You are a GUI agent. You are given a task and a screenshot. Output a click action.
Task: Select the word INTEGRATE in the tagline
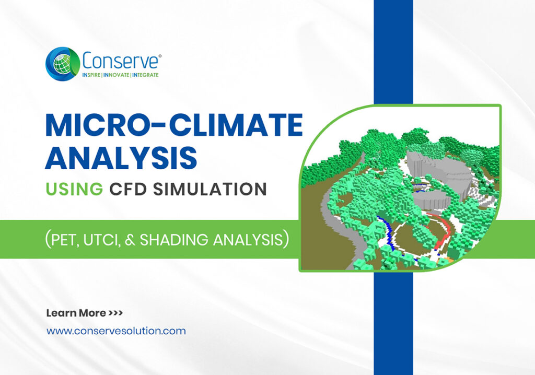pos(145,75)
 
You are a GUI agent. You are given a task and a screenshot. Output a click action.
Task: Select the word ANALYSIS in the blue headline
pos(121,158)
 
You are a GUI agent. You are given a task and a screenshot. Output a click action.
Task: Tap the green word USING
pos(74,189)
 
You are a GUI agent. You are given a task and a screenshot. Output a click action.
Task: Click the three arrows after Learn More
pos(115,313)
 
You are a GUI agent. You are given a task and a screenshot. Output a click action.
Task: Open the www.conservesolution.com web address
pos(116,331)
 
